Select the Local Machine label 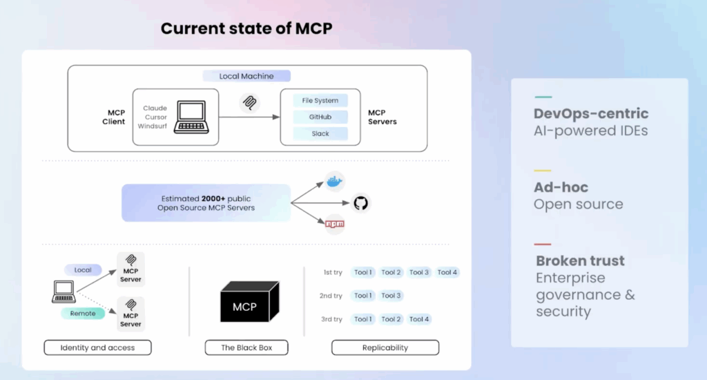point(246,76)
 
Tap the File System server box point(320,101)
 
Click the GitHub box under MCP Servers point(320,117)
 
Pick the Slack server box point(320,133)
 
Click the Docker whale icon point(335,182)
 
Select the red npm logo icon point(335,224)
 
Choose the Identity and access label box point(97,348)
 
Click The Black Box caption point(246,348)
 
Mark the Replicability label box point(385,348)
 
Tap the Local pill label point(83,269)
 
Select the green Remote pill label point(83,313)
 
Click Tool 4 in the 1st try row point(447,272)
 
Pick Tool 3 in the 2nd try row point(391,296)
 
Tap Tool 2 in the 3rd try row point(391,319)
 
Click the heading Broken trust point(580,261)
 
